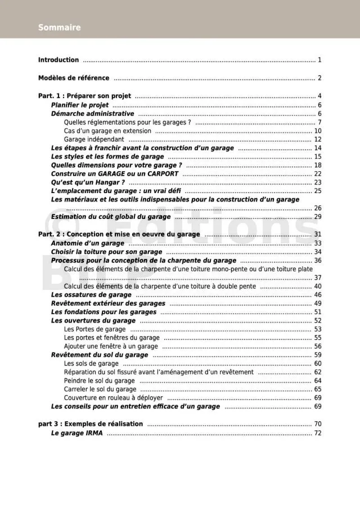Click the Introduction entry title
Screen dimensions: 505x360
click(x=58, y=60)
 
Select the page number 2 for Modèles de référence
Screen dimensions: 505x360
click(x=319, y=78)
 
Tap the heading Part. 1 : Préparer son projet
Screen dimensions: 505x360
click(x=84, y=96)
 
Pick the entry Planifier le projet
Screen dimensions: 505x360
click(x=80, y=105)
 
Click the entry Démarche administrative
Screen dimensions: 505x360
click(x=92, y=114)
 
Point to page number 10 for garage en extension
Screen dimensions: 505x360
click(x=317, y=131)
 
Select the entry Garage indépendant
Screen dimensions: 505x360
click(x=94, y=140)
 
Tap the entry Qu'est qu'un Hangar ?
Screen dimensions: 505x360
click(x=88, y=182)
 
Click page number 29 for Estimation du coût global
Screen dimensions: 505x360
click(x=317, y=217)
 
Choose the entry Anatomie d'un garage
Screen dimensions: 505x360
click(x=88, y=243)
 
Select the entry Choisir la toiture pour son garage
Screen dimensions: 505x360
click(x=106, y=252)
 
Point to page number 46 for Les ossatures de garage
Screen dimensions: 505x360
click(x=317, y=295)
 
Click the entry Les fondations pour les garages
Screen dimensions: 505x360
click(x=103, y=312)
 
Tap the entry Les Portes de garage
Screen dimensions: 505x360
click(x=94, y=329)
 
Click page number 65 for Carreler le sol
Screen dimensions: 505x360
click(x=317, y=389)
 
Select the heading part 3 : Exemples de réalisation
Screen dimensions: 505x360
click(x=91, y=424)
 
